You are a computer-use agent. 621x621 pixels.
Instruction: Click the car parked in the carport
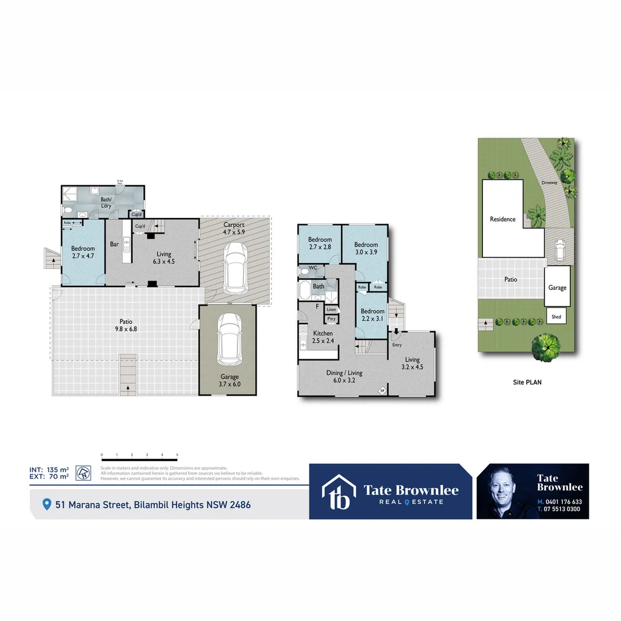click(x=235, y=267)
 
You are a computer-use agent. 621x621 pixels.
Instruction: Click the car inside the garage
click(x=229, y=339)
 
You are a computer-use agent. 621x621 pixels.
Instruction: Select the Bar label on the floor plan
click(x=114, y=244)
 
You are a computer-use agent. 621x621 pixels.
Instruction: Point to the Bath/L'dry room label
click(x=106, y=203)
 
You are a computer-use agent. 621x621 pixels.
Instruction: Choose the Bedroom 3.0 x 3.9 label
click(x=366, y=248)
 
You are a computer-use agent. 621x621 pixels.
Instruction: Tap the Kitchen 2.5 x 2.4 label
click(x=323, y=337)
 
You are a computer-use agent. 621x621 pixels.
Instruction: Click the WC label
click(x=313, y=269)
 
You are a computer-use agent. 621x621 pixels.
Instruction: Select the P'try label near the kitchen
click(x=331, y=319)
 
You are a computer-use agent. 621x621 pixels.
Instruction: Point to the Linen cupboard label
click(x=331, y=309)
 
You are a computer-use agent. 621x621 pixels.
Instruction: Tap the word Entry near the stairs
click(x=397, y=345)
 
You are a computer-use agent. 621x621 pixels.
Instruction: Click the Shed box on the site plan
click(x=557, y=317)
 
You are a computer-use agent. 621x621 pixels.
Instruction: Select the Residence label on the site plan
click(x=503, y=219)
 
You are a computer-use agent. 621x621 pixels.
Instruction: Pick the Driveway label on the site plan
click(x=549, y=183)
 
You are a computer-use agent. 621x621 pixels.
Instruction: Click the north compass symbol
click(x=83, y=472)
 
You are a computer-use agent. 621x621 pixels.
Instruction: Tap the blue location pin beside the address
click(x=47, y=504)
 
